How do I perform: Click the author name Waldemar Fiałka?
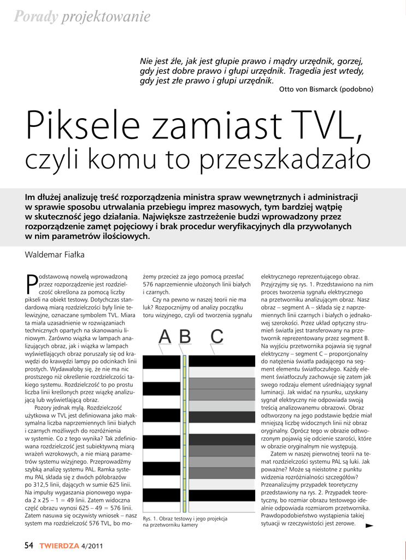55,255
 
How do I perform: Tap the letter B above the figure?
185,337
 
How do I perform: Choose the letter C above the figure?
216,337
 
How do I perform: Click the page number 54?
28,545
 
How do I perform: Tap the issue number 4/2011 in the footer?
92,546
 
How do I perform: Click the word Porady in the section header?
36,17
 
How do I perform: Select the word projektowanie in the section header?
106,17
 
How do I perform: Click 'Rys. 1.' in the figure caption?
151,518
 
